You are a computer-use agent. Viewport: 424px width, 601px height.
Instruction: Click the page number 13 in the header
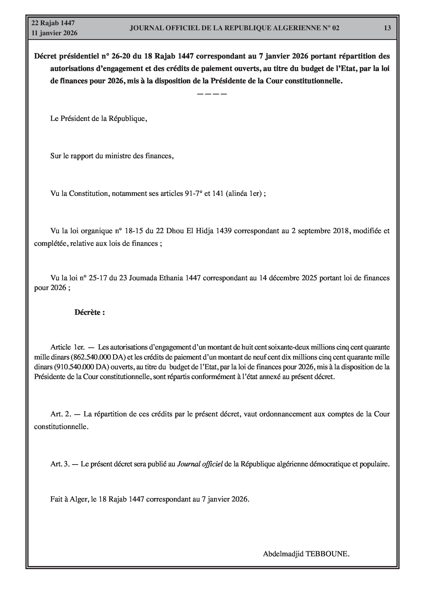point(387,28)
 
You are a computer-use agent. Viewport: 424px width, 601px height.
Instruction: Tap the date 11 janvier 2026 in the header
point(54,33)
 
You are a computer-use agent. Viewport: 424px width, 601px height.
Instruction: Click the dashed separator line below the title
point(212,94)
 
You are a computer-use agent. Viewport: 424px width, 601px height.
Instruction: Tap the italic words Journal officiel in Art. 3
point(200,464)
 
